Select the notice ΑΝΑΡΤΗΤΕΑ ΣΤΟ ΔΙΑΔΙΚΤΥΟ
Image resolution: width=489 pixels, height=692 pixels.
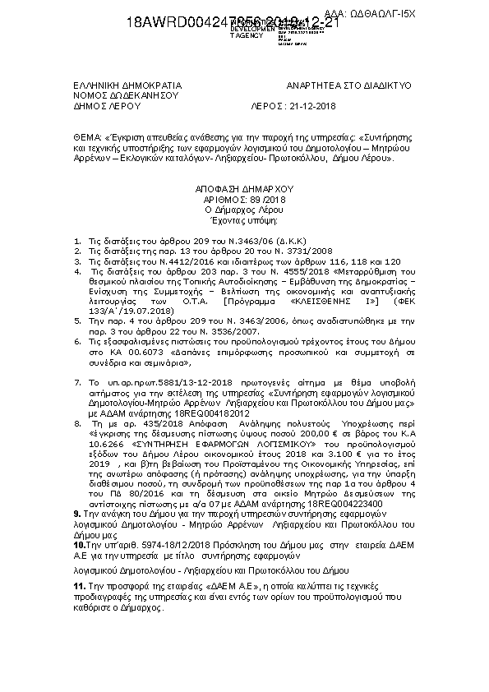[x=348, y=85]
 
